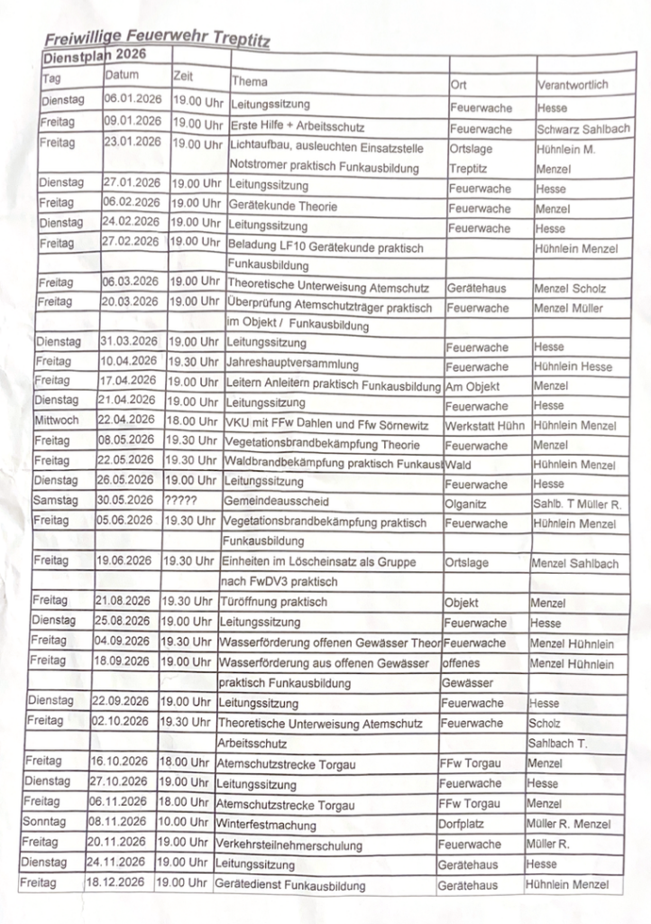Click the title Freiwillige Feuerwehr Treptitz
156,38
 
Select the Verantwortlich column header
573,85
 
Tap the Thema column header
250,81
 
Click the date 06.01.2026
133,99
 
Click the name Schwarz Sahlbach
582,129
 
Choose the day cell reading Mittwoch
58,421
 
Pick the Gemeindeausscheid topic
278,502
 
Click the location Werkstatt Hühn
484,425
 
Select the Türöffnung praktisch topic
272,602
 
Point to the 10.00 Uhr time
184,822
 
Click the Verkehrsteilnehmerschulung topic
289,845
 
